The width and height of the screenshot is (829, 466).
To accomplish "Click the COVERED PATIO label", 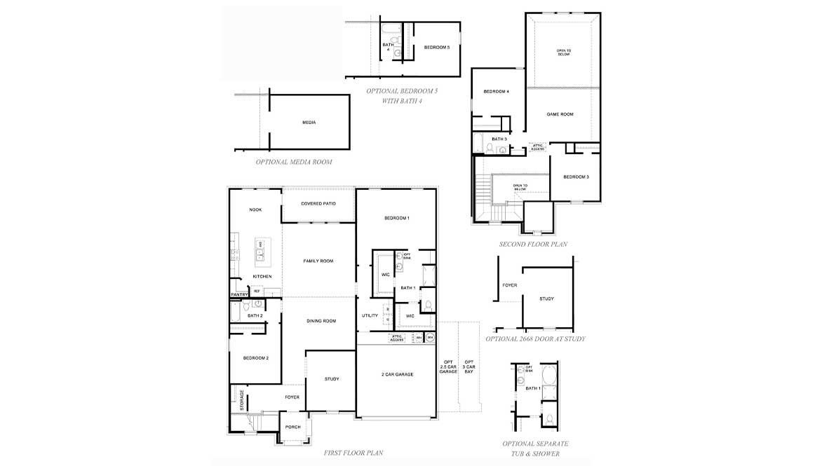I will (318, 204).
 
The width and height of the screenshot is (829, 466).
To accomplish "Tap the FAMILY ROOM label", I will (318, 261).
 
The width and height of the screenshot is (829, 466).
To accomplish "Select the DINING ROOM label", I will (321, 321).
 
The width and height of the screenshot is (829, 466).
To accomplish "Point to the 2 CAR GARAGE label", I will (397, 374).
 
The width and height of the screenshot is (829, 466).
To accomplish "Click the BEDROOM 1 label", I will (396, 218).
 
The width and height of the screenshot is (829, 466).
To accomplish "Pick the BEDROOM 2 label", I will (255, 358).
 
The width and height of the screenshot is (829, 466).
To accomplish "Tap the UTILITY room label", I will (370, 315).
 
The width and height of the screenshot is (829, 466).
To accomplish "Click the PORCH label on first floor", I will (292, 427).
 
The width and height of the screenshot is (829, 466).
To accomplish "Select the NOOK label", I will (255, 210).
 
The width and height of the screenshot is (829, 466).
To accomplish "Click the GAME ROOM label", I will (560, 114).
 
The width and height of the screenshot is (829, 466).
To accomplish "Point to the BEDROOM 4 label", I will (496, 92).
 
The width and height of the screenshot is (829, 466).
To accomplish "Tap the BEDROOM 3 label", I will (576, 177).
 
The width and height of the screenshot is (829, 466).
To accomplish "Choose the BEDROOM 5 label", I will (437, 48).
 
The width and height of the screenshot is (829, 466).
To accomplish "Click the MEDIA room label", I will (309, 123).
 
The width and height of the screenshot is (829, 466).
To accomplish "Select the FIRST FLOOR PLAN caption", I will (353, 453).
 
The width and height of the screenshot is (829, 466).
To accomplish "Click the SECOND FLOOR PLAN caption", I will (533, 245).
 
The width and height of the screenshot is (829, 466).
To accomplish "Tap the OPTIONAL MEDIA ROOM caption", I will (294, 162).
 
